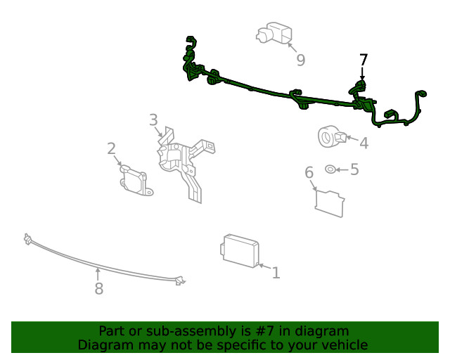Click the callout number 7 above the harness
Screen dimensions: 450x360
pyautogui.click(x=364, y=60)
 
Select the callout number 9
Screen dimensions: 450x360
pyautogui.click(x=300, y=60)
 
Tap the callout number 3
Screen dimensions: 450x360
pyautogui.click(x=153, y=120)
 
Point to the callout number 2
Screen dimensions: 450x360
pyautogui.click(x=111, y=148)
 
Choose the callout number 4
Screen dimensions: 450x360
pyautogui.click(x=364, y=143)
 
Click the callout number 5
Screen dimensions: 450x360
pyautogui.click(x=354, y=169)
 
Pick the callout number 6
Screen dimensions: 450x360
pyautogui.click(x=309, y=172)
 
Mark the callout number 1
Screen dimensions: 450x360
pyautogui.click(x=276, y=273)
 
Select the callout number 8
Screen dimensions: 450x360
pyautogui.click(x=99, y=288)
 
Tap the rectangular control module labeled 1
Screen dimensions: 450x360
pyautogui.click(x=240, y=250)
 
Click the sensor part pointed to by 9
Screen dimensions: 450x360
pyautogui.click(x=274, y=33)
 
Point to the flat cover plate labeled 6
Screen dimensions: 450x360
pyautogui.click(x=330, y=203)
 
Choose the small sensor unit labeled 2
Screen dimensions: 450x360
pyautogui.click(x=135, y=181)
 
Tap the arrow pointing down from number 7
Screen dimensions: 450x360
pyautogui.click(x=363, y=74)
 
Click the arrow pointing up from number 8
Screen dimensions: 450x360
pyautogui.click(x=98, y=274)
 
